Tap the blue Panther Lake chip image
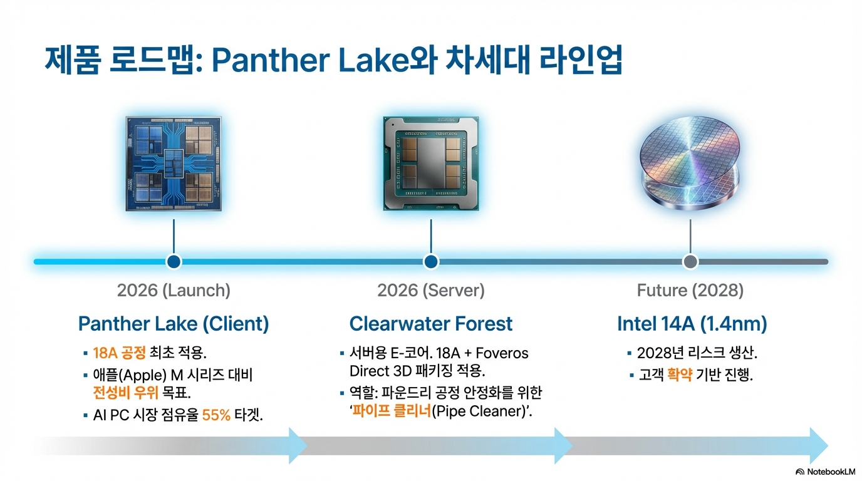coord(174,162)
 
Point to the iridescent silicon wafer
coord(690,162)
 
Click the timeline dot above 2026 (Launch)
coord(174,261)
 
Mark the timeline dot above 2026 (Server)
coord(431,261)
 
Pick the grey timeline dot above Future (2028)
coord(690,261)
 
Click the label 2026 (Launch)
coord(174,291)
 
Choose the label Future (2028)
coord(690,291)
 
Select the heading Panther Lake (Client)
coord(174,324)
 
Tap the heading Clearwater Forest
coord(431,324)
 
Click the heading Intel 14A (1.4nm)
coord(692,324)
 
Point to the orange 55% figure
coord(217,415)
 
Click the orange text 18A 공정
coord(119,353)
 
